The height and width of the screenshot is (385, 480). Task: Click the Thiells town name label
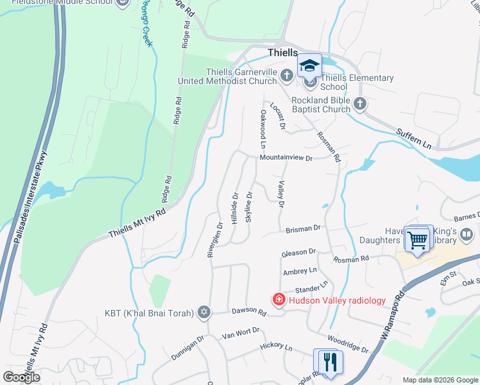pyautogui.click(x=283, y=53)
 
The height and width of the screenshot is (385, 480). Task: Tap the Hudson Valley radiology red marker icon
pyautogui.click(x=279, y=300)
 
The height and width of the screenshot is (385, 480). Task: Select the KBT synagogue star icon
pyautogui.click(x=204, y=312)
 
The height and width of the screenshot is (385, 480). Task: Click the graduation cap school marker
pyautogui.click(x=309, y=65)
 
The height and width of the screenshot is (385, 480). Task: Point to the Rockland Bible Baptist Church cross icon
pyautogui.click(x=360, y=103)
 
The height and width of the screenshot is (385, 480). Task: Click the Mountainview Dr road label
pyautogui.click(x=286, y=158)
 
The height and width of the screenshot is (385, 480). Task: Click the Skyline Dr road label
pyautogui.click(x=249, y=208)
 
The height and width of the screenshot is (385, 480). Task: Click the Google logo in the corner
pyautogui.click(x=21, y=377)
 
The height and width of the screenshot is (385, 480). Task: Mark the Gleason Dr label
pyautogui.click(x=299, y=253)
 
